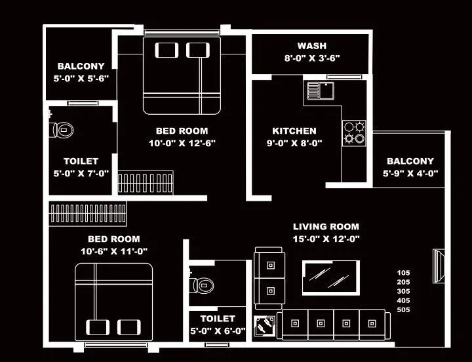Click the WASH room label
[x=311, y=46]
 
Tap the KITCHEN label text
[x=294, y=131]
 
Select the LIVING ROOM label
[x=326, y=226]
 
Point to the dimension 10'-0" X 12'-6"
[x=182, y=142]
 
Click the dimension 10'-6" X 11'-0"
[x=113, y=251]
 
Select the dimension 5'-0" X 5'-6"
[x=81, y=77]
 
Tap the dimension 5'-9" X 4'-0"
[x=410, y=173]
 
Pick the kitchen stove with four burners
[x=354, y=132]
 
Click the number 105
[x=403, y=272]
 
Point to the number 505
[x=403, y=310]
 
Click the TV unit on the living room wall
[x=438, y=266]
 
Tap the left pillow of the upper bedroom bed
[x=166, y=50]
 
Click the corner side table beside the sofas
[x=264, y=325]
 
